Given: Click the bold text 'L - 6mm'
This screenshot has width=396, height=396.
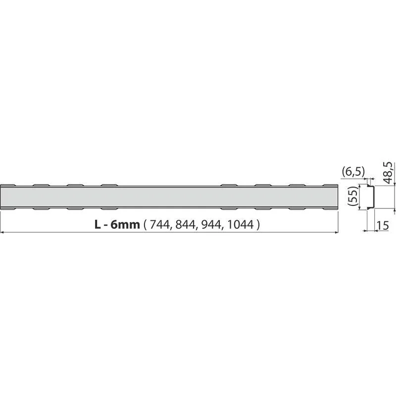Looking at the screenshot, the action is coord(117,224).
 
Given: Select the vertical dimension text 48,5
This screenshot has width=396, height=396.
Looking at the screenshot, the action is coord(388,172).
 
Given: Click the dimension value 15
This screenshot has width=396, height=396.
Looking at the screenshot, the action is coord(383,226).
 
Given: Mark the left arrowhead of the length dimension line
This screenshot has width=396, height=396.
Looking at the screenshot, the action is coord(2,232).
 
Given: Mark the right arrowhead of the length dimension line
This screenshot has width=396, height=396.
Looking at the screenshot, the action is coord(336,232).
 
